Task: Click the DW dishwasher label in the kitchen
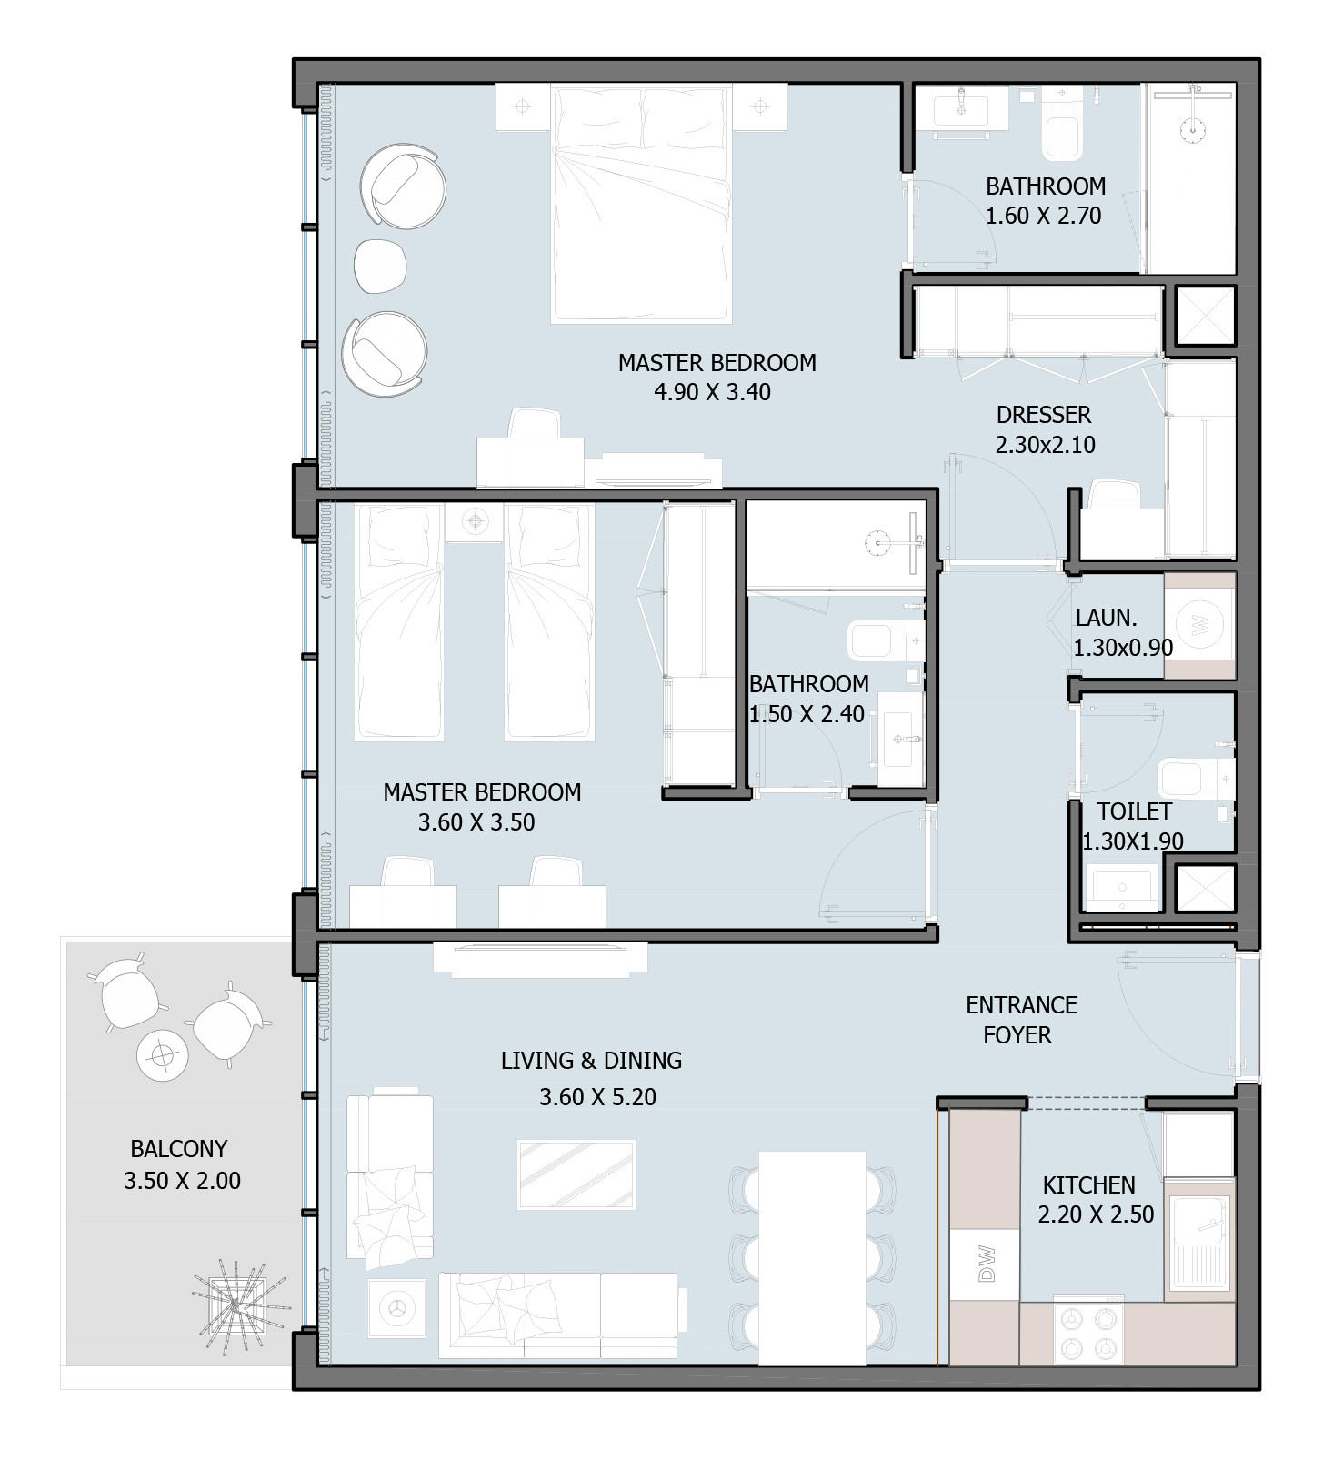click(x=987, y=1264)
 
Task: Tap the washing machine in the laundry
click(x=1199, y=625)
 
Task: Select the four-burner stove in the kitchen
click(x=1089, y=1332)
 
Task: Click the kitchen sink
click(x=1198, y=1244)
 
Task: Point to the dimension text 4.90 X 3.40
click(x=712, y=393)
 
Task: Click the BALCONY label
click(x=179, y=1149)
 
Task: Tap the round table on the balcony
click(x=163, y=1055)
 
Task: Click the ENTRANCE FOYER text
click(x=1020, y=1020)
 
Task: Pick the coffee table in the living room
click(x=576, y=1174)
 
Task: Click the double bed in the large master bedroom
click(x=641, y=204)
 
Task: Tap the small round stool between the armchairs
click(x=379, y=267)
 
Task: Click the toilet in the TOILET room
click(x=1196, y=778)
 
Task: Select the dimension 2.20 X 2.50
click(x=1096, y=1214)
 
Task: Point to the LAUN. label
click(x=1106, y=619)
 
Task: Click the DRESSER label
click(x=1044, y=416)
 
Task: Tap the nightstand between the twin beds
click(x=474, y=522)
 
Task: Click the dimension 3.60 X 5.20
click(x=597, y=1097)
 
